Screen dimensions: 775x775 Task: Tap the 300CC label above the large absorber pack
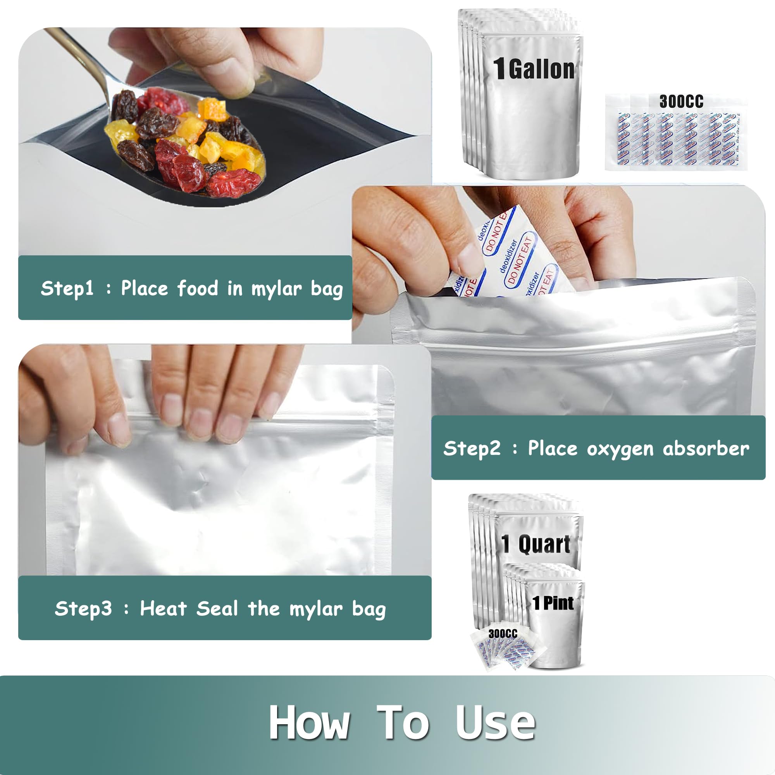[681, 102]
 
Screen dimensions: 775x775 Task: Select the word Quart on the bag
[544, 544]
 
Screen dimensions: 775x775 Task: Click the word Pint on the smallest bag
[558, 603]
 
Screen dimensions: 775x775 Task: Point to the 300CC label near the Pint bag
[503, 634]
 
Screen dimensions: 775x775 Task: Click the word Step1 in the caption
[67, 288]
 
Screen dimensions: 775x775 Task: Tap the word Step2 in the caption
[472, 448]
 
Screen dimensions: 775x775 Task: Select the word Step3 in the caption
[83, 608]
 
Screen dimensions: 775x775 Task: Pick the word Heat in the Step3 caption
[163, 608]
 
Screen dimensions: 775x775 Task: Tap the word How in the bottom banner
[309, 722]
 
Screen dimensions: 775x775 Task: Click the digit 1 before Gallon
[499, 69]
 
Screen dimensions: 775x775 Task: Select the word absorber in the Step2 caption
[706, 448]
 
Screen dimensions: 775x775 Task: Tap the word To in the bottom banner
[402, 722]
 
